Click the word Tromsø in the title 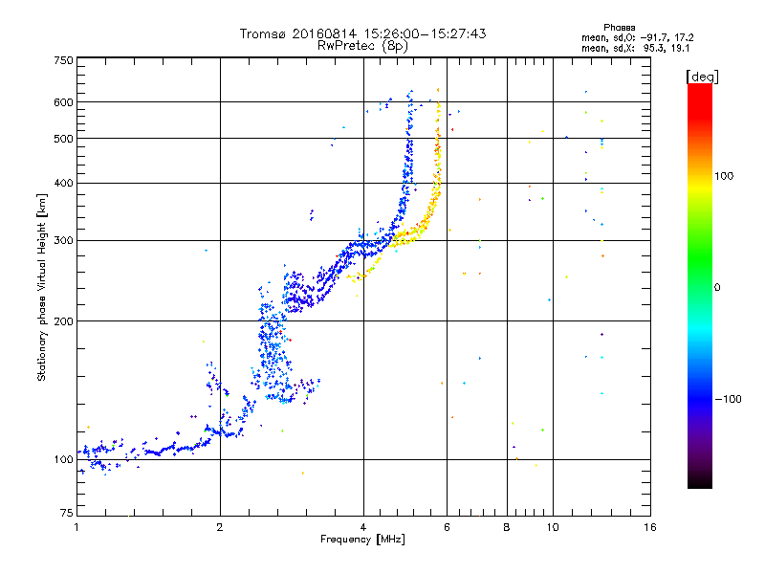(x=261, y=33)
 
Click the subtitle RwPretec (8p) (x=363, y=45)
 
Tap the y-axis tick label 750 (x=63, y=60)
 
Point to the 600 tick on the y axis (x=63, y=101)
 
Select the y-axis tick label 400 (x=63, y=183)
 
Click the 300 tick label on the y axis (x=63, y=240)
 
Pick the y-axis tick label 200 (x=63, y=320)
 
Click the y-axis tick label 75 (x=66, y=514)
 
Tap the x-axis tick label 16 (x=649, y=527)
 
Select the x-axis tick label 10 (x=552, y=527)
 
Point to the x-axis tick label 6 (x=448, y=527)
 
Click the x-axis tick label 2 (x=220, y=527)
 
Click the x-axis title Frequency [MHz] (x=362, y=541)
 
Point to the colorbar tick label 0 (x=722, y=287)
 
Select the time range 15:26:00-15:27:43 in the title (x=417, y=33)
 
